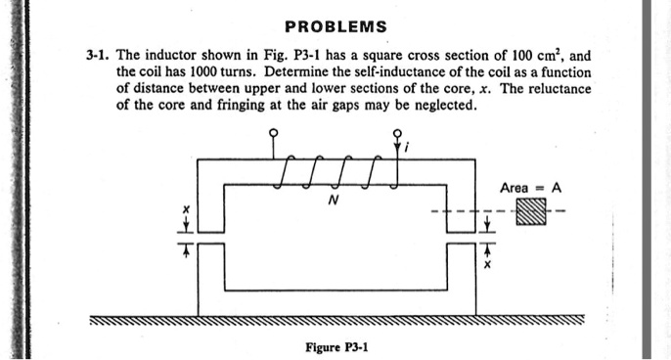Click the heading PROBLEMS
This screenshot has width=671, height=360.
335,26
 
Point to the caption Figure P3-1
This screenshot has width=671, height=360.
335,346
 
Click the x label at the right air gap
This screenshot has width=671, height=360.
486,264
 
